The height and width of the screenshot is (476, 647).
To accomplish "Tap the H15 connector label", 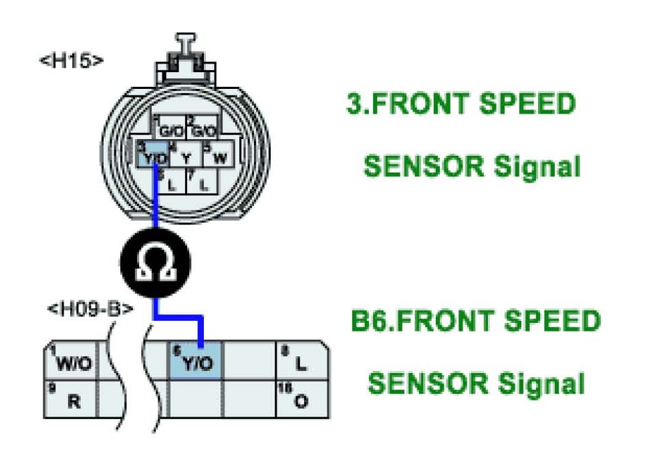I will coord(72,59).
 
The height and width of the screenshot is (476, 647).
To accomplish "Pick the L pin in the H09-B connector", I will coord(301,361).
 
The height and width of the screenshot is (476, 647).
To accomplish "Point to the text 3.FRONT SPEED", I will coord(461,104).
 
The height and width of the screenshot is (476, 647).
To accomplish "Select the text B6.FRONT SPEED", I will coord(476,322).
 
